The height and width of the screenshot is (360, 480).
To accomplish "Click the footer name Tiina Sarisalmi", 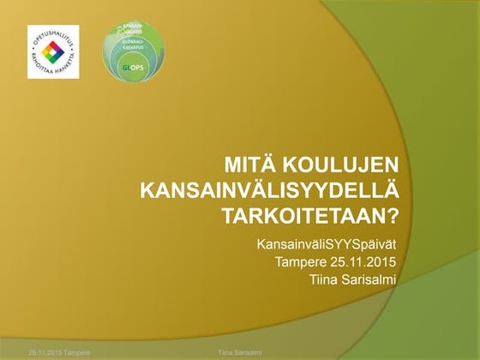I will (240, 352).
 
